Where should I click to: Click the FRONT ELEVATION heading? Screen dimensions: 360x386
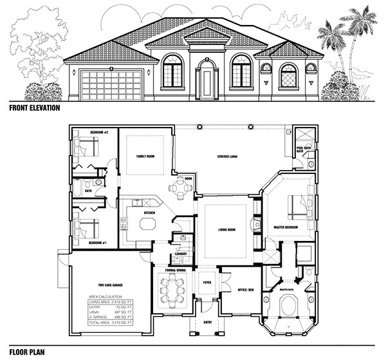pyautogui.click(x=34, y=108)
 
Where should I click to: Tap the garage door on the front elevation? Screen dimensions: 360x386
pyautogui.click(x=111, y=85)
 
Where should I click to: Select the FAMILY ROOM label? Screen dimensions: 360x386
pyautogui.click(x=145, y=156)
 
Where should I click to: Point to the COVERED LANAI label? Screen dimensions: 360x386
pyautogui.click(x=230, y=156)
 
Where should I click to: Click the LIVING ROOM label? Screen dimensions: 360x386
pyautogui.click(x=221, y=229)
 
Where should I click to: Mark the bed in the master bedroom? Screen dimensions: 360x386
pyautogui.click(x=297, y=206)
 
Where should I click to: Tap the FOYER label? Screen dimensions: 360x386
pyautogui.click(x=207, y=282)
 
